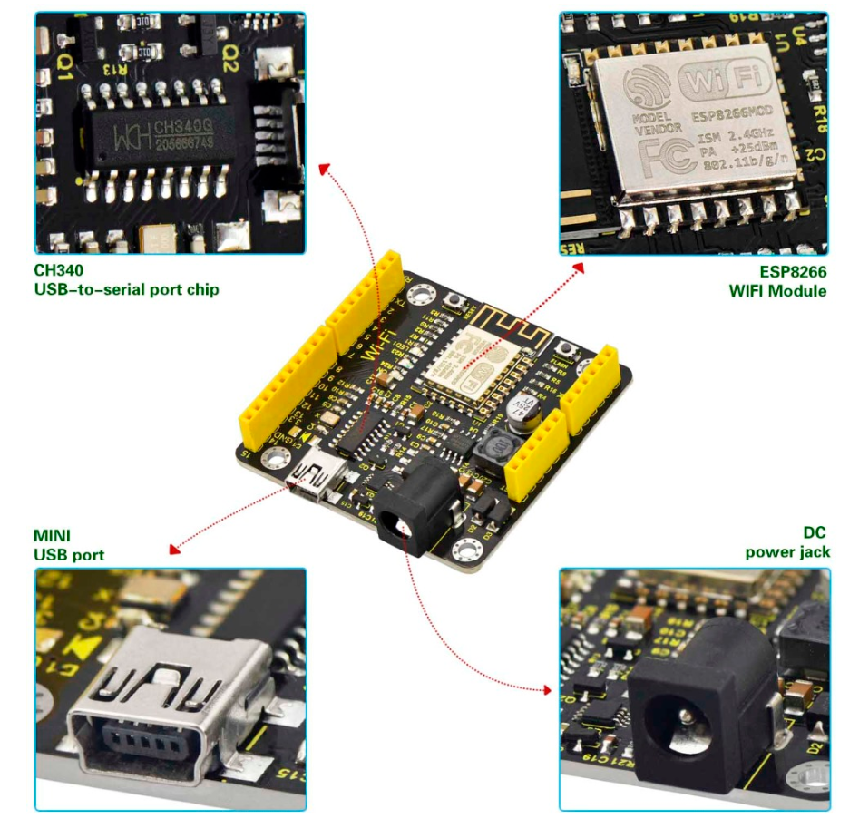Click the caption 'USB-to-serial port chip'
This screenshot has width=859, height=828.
click(126, 290)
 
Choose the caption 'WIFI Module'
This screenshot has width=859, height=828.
click(777, 291)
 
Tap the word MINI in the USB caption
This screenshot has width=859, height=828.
click(53, 536)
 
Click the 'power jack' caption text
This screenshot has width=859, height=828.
click(786, 551)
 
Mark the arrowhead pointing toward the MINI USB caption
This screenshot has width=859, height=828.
click(173, 548)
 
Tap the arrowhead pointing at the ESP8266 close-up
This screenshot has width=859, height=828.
click(579, 267)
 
